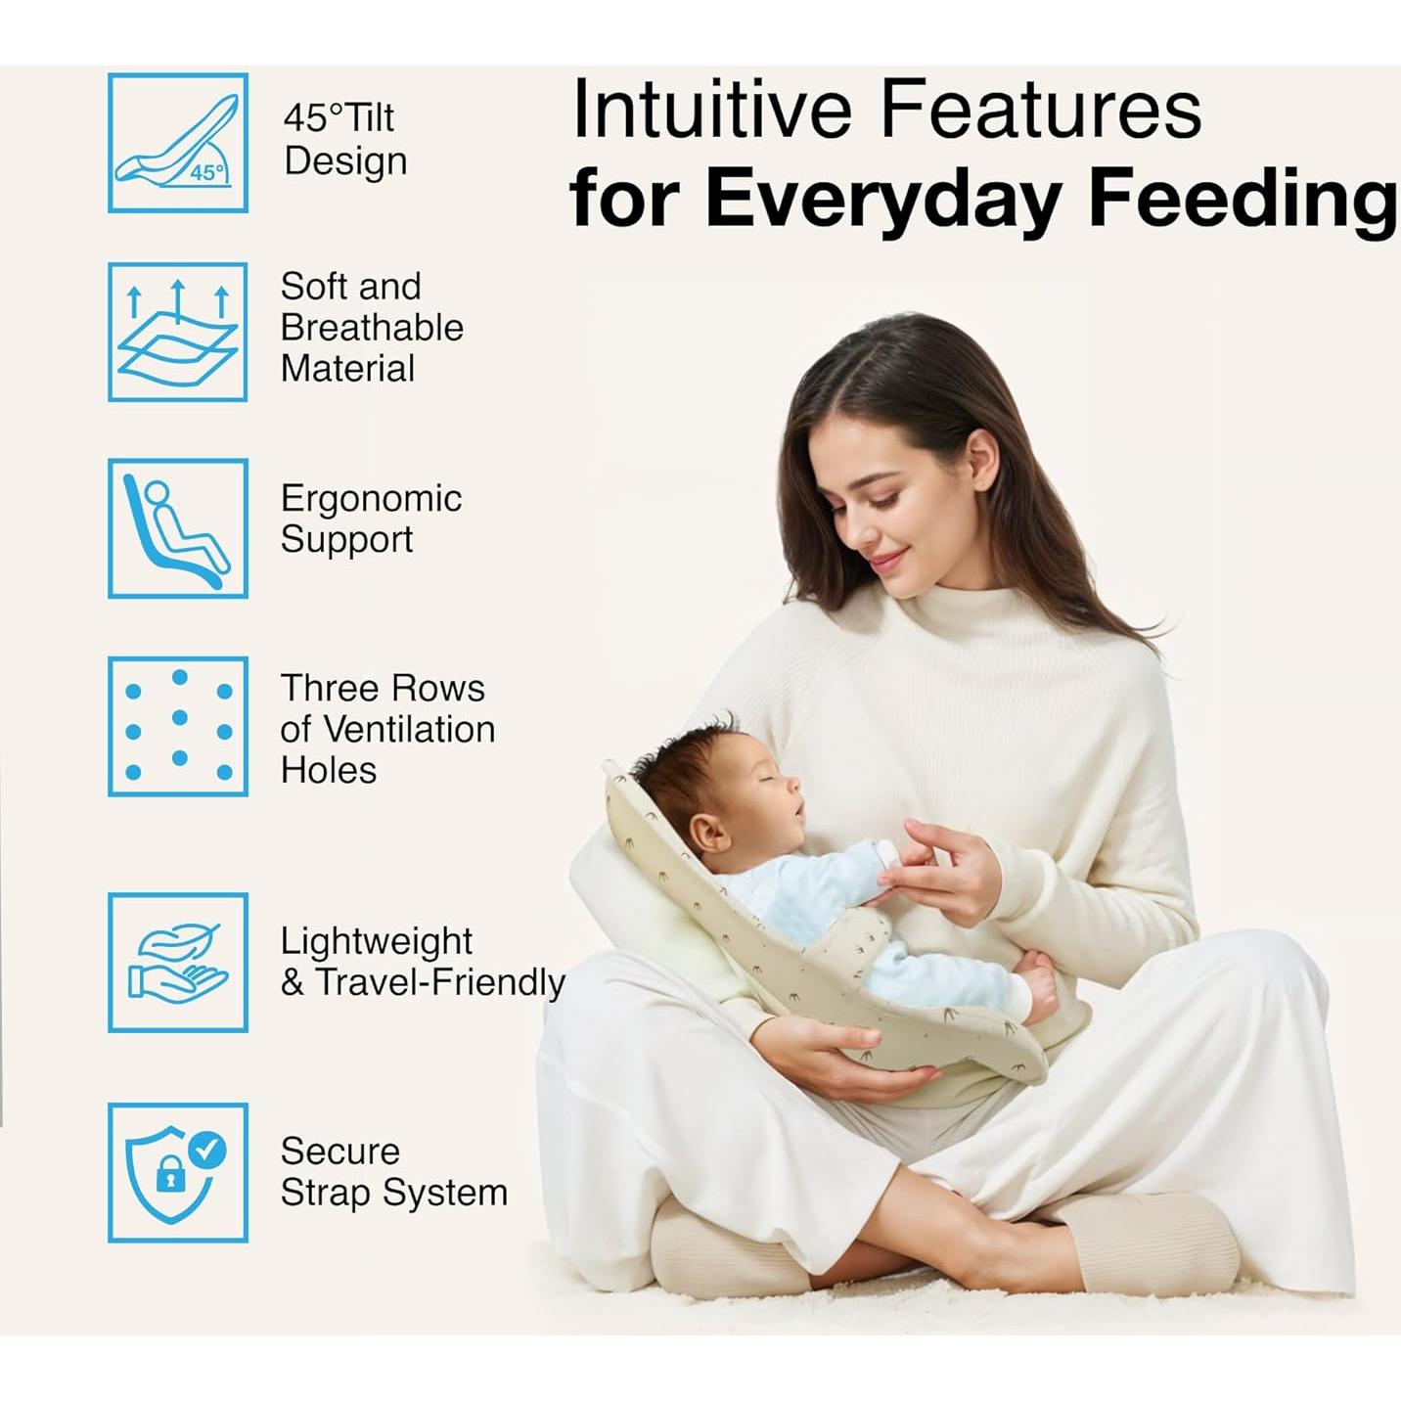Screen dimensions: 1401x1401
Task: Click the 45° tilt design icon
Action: [x=178, y=143]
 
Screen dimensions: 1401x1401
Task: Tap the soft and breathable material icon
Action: [x=178, y=333]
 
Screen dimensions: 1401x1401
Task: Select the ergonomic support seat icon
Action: [x=178, y=528]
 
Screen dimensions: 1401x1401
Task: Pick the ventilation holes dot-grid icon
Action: [x=178, y=726]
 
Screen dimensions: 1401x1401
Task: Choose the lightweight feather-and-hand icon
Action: [x=178, y=963]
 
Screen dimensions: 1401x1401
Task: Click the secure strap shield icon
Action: [x=178, y=1173]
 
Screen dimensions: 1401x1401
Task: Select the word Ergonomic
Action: [x=371, y=500]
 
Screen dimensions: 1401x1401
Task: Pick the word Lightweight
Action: [x=377, y=942]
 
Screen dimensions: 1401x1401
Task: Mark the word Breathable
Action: [x=372, y=328]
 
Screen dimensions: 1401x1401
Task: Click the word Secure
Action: [x=340, y=1152]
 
